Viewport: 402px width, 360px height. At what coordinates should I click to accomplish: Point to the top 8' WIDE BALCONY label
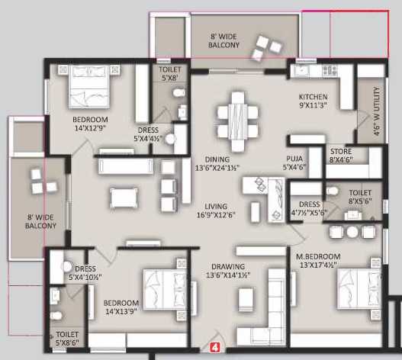click(x=224, y=40)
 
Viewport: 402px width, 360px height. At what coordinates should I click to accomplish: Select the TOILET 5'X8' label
click(x=170, y=72)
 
